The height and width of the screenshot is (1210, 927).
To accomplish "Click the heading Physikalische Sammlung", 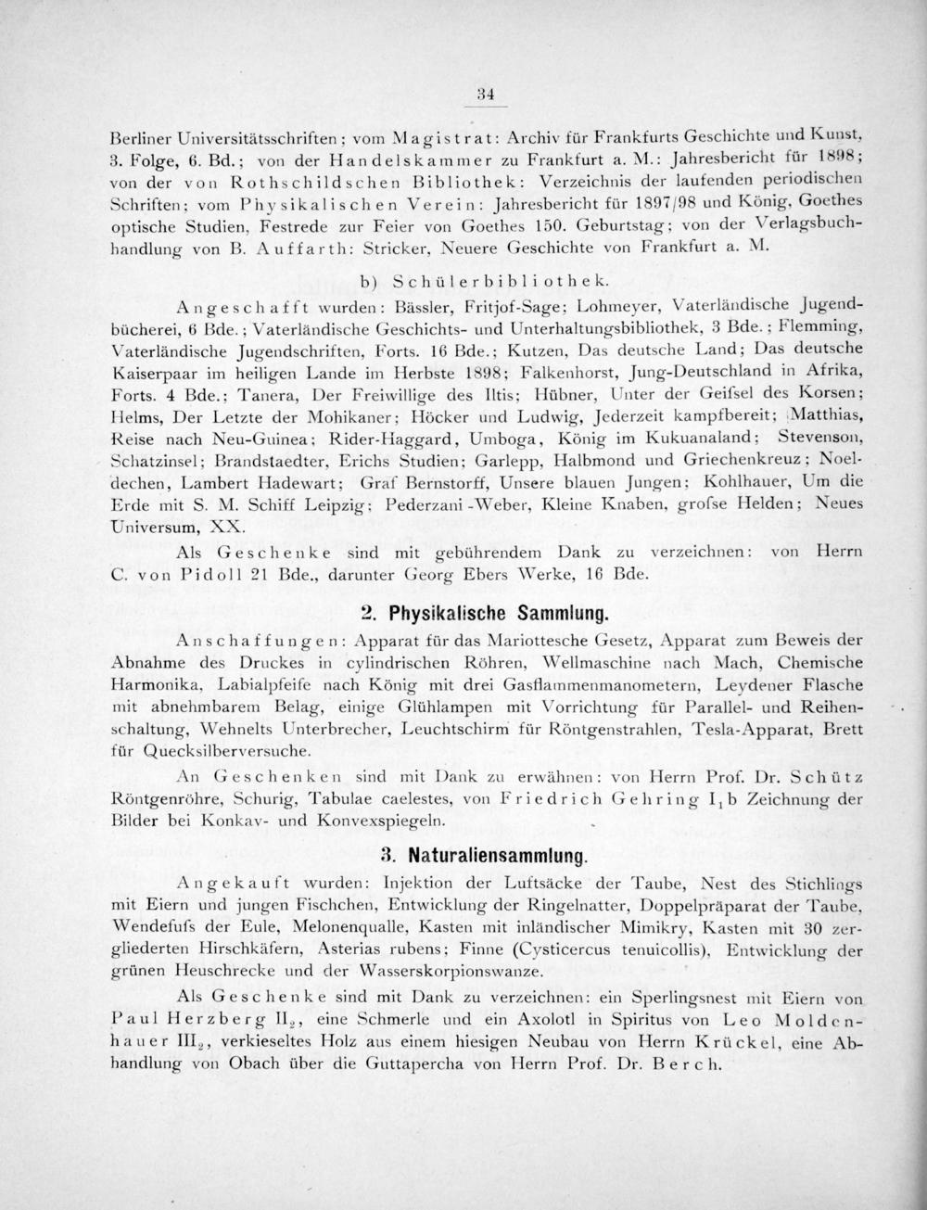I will (500, 613).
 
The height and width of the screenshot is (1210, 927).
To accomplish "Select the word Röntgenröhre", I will (155, 795).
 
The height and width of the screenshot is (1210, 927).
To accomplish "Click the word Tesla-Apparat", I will (745, 729).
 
